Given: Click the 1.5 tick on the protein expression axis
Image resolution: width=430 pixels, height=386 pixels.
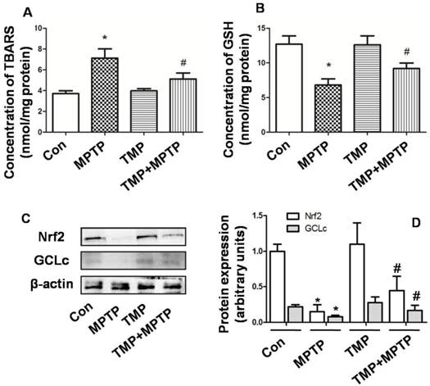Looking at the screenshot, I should [242, 216].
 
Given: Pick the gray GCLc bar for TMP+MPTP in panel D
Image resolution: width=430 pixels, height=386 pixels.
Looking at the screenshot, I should [392, 316].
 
